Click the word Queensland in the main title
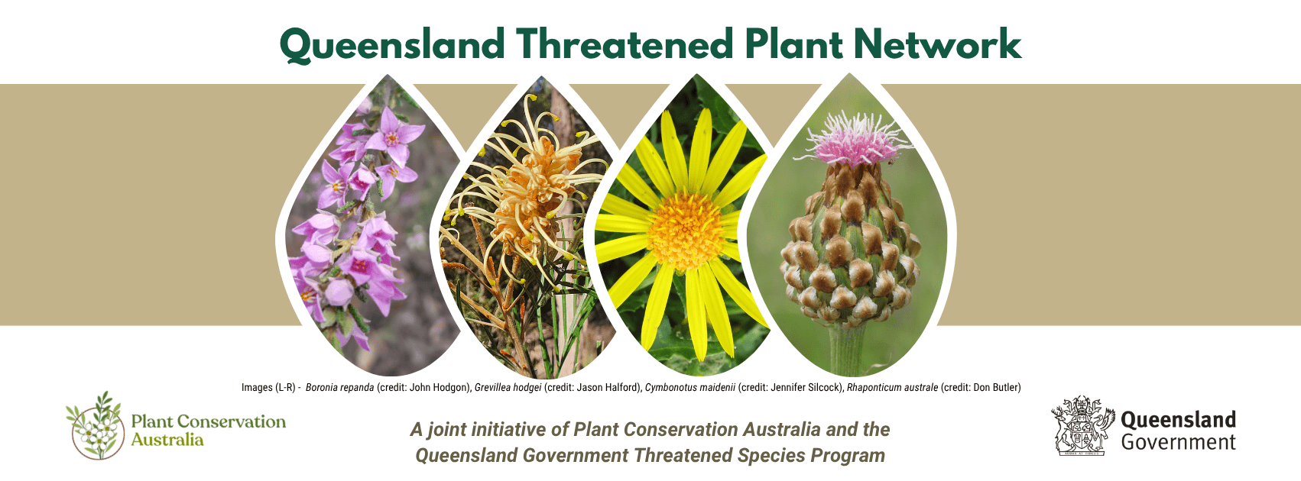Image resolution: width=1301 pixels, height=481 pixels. click(392, 45)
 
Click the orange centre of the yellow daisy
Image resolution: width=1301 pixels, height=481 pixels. click(686, 231)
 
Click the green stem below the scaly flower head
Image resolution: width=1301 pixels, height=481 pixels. click(848, 349)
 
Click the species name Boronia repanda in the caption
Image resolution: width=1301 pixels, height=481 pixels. click(339, 388)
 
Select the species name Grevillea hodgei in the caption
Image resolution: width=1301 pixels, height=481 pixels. click(508, 388)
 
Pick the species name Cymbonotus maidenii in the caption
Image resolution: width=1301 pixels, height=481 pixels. click(690, 388)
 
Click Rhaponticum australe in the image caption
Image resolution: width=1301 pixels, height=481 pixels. click(892, 388)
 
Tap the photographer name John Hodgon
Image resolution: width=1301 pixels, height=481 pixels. click(439, 388)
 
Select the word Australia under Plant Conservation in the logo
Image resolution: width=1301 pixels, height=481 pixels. click(167, 440)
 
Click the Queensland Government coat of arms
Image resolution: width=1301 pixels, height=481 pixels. click(1082, 425)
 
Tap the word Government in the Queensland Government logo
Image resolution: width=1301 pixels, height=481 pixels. click(1179, 442)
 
